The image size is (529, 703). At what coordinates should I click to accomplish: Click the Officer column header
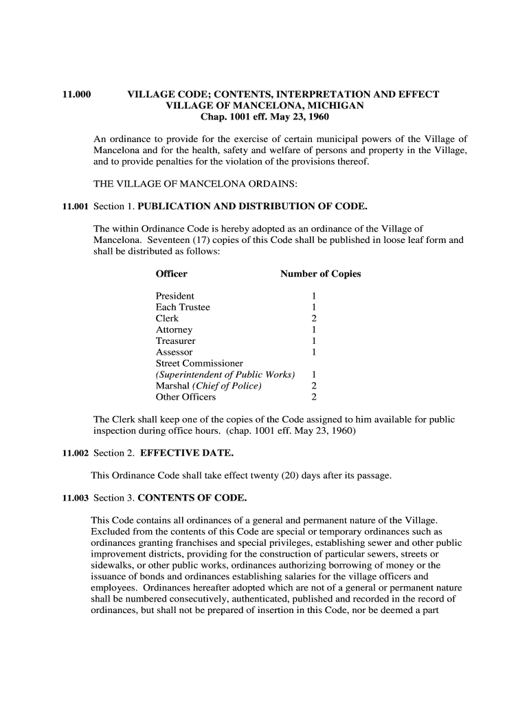[172, 274]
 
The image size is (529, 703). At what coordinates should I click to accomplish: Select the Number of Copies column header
[320, 274]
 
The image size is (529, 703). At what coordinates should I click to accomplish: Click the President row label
[175, 296]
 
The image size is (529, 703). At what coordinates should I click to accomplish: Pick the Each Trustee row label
[183, 307]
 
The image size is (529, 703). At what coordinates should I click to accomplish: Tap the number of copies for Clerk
[314, 319]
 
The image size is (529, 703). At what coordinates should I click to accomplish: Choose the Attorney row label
[175, 330]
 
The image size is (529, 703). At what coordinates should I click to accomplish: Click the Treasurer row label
[176, 341]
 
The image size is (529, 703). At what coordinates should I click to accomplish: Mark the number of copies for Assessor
[314, 352]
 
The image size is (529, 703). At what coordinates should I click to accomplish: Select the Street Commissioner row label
[199, 363]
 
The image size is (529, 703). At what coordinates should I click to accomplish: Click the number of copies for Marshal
[314, 386]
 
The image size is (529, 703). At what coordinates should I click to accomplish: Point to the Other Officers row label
[185, 397]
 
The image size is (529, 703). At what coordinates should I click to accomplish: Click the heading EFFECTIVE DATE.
[187, 453]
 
